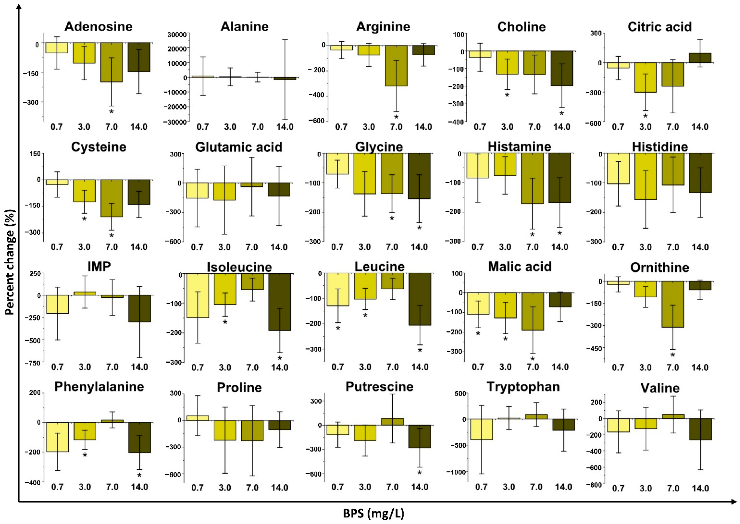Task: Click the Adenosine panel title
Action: click(x=99, y=26)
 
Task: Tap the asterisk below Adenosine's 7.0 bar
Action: click(x=111, y=112)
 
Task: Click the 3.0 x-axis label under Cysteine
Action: click(x=84, y=247)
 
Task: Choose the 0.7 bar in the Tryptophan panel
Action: click(x=481, y=429)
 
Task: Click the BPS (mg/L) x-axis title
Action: click(x=374, y=513)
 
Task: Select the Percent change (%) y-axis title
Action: click(x=10, y=262)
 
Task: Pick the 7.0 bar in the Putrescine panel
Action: click(x=392, y=422)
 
